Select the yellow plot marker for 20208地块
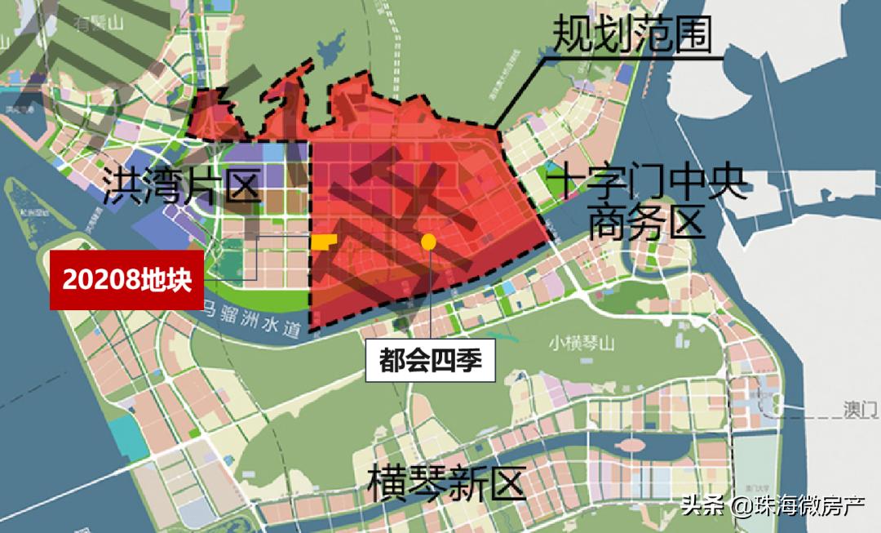coord(323,242)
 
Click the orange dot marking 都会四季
coord(427,241)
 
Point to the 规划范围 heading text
coord(633,34)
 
